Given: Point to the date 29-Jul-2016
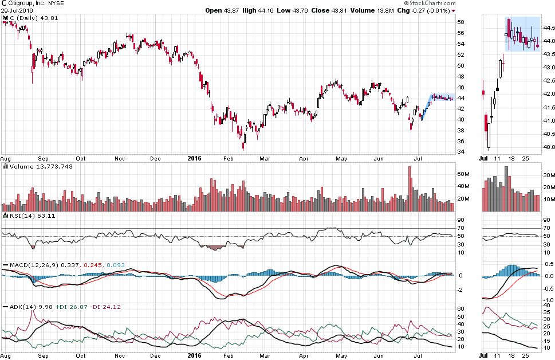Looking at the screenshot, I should click(x=15, y=10).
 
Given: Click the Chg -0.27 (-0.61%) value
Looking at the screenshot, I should click(x=423, y=10).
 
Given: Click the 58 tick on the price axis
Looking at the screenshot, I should click(x=460, y=22).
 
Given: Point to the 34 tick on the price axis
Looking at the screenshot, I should click(x=460, y=152).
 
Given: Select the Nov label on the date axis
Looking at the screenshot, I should click(x=120, y=158).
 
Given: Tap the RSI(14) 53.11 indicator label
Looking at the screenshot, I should click(x=22, y=216).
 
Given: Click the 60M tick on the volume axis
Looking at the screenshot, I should click(x=463, y=174).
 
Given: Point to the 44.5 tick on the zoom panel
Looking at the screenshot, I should click(x=548, y=28).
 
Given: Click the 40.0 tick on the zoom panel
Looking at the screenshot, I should click(x=548, y=147).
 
